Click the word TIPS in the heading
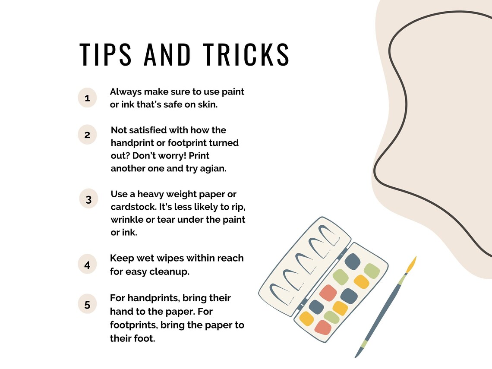105,55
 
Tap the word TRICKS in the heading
246,55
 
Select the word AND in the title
167,55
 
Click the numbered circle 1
87,98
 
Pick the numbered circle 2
87,135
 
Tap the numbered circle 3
88,199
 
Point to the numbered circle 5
87,304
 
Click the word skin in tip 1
208,104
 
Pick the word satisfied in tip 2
149,130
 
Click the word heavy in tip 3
150,195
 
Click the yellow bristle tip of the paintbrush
411,265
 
